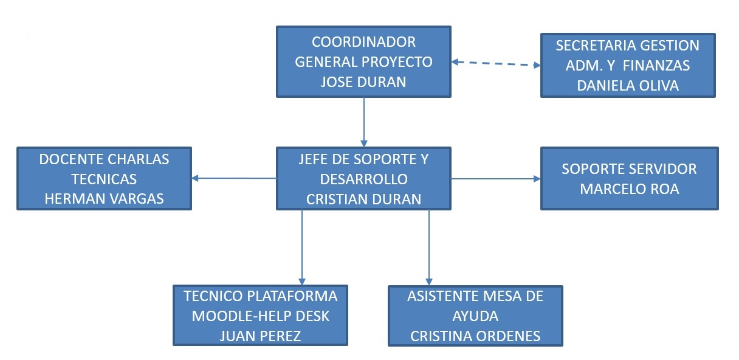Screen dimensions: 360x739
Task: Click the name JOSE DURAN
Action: pyautogui.click(x=363, y=81)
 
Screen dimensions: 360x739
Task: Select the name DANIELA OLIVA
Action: pyautogui.click(x=628, y=86)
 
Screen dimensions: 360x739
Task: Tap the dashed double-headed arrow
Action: pyautogui.click(x=496, y=63)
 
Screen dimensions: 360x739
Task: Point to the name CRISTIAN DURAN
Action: pyautogui.click(x=363, y=199)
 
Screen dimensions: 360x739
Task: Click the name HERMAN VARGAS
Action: pyautogui.click(x=104, y=199)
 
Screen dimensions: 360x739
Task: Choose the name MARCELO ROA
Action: pyautogui.click(x=629, y=189)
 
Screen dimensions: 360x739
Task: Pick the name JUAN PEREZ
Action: pyautogui.click(x=260, y=336)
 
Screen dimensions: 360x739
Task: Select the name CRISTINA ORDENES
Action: pyautogui.click(x=475, y=336)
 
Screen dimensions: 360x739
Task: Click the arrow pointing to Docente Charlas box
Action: pyautogui.click(x=234, y=178)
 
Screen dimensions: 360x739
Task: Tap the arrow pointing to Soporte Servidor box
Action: pyautogui.click(x=495, y=179)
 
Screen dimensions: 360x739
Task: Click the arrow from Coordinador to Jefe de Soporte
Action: pyautogui.click(x=364, y=122)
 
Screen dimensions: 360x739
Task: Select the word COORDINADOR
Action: pyautogui.click(x=363, y=42)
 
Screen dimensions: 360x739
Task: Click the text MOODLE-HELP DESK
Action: pyautogui.click(x=260, y=316)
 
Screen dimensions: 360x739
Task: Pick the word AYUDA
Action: pyautogui.click(x=475, y=316)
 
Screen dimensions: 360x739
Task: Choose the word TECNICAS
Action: pyautogui.click(x=104, y=179)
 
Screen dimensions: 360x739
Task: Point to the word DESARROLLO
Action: pyautogui.click(x=363, y=179)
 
